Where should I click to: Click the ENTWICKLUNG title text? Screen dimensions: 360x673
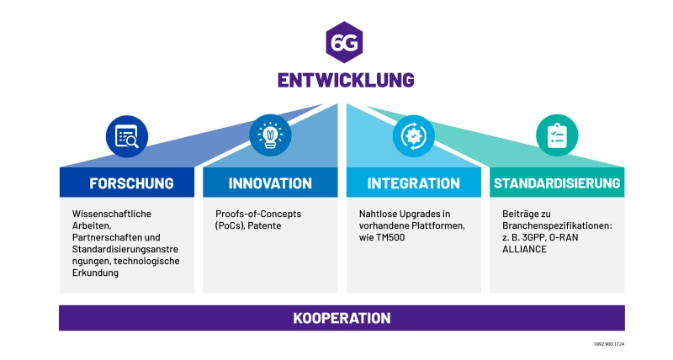[345, 80]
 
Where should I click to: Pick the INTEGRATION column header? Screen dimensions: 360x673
[414, 183]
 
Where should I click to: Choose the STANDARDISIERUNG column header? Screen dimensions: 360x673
[557, 183]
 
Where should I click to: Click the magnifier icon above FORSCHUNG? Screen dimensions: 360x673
[126, 135]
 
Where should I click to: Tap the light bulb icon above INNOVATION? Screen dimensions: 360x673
[269, 135]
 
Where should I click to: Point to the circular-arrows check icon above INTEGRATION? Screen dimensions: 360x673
[413, 135]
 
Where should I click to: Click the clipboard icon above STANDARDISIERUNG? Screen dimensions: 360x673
[557, 135]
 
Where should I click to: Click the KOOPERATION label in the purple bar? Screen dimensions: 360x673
[342, 318]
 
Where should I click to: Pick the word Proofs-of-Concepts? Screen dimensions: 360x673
[258, 214]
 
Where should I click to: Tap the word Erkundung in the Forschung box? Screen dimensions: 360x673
[95, 273]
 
